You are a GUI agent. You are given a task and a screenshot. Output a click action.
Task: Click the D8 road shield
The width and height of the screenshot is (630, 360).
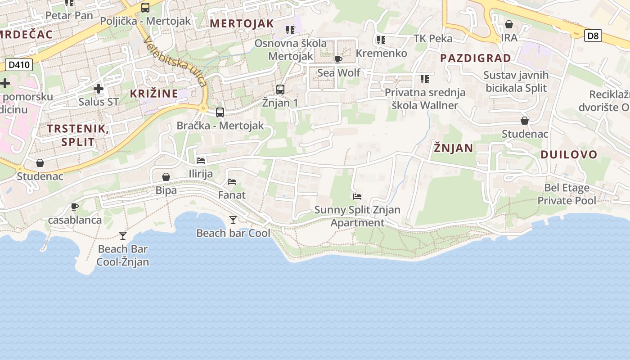point(593,36)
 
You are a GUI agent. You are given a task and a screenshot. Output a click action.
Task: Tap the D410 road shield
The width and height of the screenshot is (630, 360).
point(19,65)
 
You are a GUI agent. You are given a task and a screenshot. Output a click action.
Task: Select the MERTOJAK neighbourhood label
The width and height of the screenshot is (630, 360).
point(242,23)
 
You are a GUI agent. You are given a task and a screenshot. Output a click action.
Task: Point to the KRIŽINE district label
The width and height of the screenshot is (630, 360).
point(154,94)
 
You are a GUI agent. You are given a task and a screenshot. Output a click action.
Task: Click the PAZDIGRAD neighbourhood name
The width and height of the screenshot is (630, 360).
point(476,58)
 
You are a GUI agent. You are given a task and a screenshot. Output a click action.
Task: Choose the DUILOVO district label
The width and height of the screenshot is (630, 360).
point(569,154)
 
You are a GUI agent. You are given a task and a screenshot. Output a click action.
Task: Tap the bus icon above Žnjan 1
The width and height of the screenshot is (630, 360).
point(280,89)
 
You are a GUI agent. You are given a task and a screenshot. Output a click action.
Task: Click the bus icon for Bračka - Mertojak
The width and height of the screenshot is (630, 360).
point(220,112)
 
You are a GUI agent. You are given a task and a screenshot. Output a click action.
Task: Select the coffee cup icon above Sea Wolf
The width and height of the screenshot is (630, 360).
point(338,59)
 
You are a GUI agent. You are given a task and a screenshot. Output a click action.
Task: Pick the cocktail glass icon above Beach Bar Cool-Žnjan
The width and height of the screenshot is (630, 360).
point(122,235)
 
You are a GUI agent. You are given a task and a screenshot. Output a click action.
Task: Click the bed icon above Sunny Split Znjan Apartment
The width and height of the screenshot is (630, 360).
point(357,196)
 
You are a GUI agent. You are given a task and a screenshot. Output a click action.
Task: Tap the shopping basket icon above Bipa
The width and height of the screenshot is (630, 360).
point(166,177)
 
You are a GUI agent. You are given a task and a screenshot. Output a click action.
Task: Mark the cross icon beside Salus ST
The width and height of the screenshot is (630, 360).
point(99,89)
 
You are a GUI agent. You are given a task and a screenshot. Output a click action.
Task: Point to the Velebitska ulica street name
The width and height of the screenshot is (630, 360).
point(175,61)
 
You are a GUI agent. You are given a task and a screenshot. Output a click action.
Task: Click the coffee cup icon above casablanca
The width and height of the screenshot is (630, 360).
point(75,207)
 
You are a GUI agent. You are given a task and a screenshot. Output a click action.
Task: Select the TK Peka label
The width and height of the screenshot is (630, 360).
point(433,38)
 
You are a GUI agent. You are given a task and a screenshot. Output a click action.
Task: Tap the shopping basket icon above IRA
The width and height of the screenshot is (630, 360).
point(509,24)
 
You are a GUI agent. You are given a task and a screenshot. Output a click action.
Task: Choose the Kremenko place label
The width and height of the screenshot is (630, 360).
point(381,53)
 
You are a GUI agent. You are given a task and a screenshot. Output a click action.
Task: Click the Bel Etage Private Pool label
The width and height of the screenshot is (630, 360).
point(567,194)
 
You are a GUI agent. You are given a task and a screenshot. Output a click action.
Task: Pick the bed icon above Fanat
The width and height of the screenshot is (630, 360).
point(232,182)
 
